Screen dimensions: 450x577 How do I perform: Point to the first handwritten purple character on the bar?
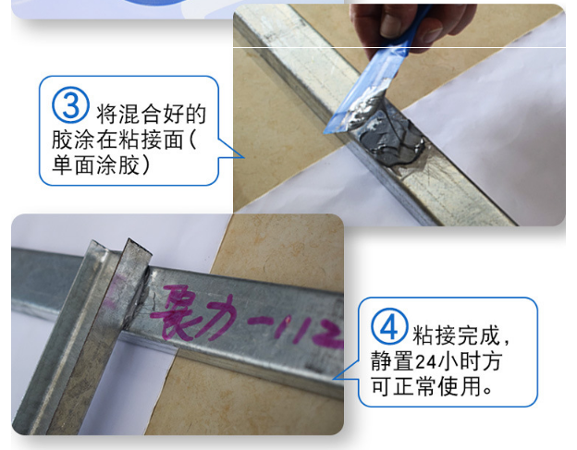(179, 310)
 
